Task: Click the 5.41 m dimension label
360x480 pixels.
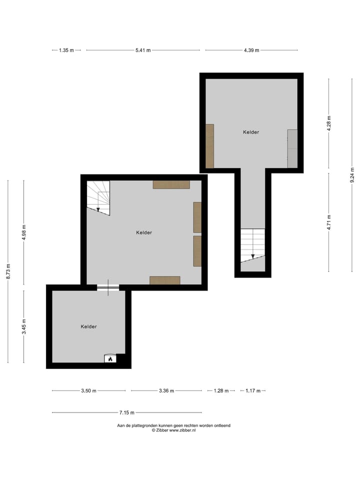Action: click(143, 50)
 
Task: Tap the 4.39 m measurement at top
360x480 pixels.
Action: click(251, 50)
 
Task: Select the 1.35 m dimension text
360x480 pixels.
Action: click(66, 50)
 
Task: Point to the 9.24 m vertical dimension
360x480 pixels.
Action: click(352, 175)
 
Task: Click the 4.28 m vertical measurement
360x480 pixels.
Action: click(328, 123)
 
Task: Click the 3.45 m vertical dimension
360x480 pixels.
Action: click(24, 326)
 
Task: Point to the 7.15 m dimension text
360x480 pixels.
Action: click(127, 412)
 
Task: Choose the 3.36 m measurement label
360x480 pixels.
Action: click(166, 391)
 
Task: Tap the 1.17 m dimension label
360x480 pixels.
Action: click(253, 391)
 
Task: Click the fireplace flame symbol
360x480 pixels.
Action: click(109, 358)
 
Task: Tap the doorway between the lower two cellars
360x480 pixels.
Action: click(108, 287)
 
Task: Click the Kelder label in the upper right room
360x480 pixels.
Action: click(251, 132)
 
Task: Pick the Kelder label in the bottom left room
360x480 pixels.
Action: click(88, 326)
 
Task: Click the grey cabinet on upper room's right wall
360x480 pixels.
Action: click(292, 148)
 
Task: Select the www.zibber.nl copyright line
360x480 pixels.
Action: click(173, 430)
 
